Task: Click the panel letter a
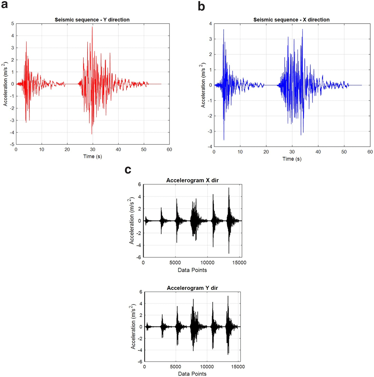click(4, 4)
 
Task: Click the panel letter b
click(202, 6)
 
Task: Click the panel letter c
click(128, 170)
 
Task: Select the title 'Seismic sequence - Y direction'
click(92, 20)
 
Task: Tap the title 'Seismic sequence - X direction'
click(291, 20)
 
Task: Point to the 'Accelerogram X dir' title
click(192, 180)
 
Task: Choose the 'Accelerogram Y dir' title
click(192, 288)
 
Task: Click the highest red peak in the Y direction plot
click(92, 27)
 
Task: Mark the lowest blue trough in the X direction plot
click(224, 140)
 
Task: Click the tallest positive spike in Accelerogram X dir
click(229, 188)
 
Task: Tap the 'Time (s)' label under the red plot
click(92, 156)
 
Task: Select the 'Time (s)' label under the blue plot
click(292, 159)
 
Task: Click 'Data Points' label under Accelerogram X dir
click(192, 270)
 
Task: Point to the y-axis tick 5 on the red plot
click(13, 24)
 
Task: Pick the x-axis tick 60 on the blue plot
click(370, 152)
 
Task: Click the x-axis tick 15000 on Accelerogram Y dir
click(238, 367)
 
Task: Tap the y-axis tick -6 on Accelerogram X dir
click(138, 257)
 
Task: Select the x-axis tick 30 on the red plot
click(92, 149)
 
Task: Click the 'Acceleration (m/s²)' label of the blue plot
click(203, 85)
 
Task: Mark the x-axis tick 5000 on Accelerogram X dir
click(175, 263)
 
